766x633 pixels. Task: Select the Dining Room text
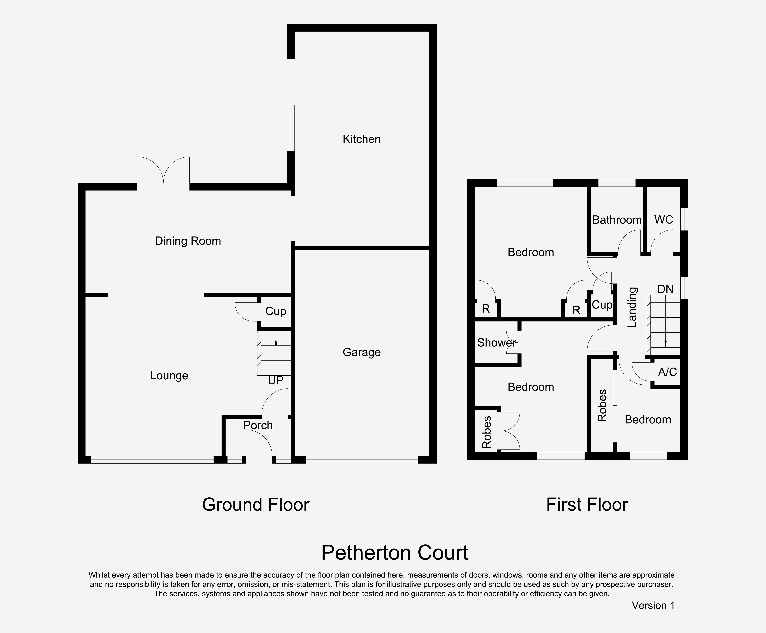(188, 241)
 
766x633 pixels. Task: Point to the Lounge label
(169, 376)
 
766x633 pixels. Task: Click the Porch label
(258, 425)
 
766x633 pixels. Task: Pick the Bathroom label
(617, 220)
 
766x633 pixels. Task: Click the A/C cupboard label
(667, 372)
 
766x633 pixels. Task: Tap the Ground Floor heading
(256, 505)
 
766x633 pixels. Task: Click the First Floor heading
(587, 505)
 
